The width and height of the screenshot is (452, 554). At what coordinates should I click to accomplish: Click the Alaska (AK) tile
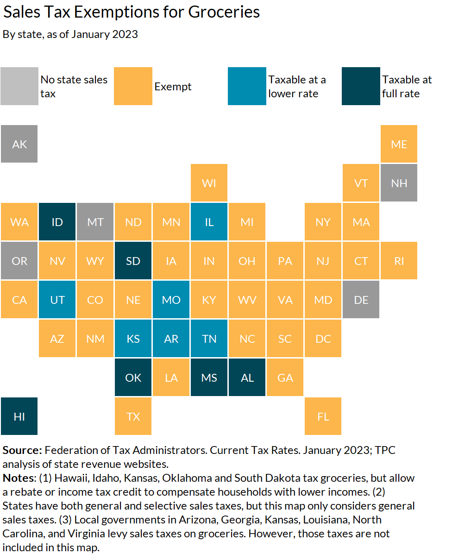tap(19, 144)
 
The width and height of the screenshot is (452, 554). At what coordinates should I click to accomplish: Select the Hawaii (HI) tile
tap(19, 416)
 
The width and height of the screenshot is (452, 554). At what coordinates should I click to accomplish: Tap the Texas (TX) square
tap(133, 416)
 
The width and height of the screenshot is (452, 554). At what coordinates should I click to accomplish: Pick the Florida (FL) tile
tap(323, 416)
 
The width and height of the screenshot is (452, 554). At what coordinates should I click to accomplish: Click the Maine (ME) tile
tap(399, 144)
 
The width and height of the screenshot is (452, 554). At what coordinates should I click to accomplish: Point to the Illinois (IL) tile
tap(209, 222)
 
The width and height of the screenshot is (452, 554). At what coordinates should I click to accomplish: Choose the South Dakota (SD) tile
tap(133, 261)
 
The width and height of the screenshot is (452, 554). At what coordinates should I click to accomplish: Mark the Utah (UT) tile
tap(57, 300)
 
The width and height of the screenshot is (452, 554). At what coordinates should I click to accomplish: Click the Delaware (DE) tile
tap(361, 300)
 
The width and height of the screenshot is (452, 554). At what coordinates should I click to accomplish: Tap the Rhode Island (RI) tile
tap(399, 261)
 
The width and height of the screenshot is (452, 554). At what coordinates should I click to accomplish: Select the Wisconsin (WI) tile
tap(209, 183)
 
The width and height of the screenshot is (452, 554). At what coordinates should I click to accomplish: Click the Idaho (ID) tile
tap(57, 222)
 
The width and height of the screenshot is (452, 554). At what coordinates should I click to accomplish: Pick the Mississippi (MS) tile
tap(209, 378)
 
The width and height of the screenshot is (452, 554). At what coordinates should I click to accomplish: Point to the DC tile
tap(323, 339)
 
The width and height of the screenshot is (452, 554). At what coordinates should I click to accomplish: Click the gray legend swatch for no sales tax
tap(19, 86)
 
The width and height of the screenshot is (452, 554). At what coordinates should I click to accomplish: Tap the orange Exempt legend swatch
tap(133, 86)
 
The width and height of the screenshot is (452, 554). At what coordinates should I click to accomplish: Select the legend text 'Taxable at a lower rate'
tap(297, 87)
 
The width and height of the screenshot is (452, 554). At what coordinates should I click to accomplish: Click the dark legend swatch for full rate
tap(361, 86)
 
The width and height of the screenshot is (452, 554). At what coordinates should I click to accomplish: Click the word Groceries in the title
tap(224, 13)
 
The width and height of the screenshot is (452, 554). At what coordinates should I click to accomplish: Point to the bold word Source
tap(22, 450)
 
